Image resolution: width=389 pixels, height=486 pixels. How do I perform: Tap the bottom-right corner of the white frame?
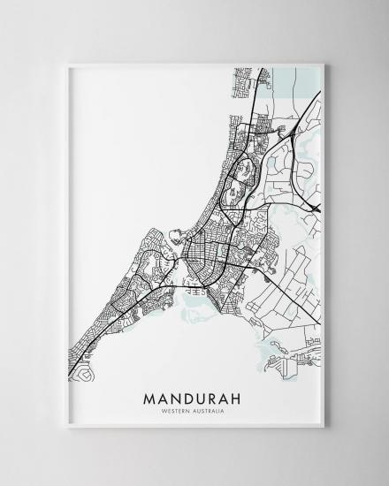click(x=324, y=429)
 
